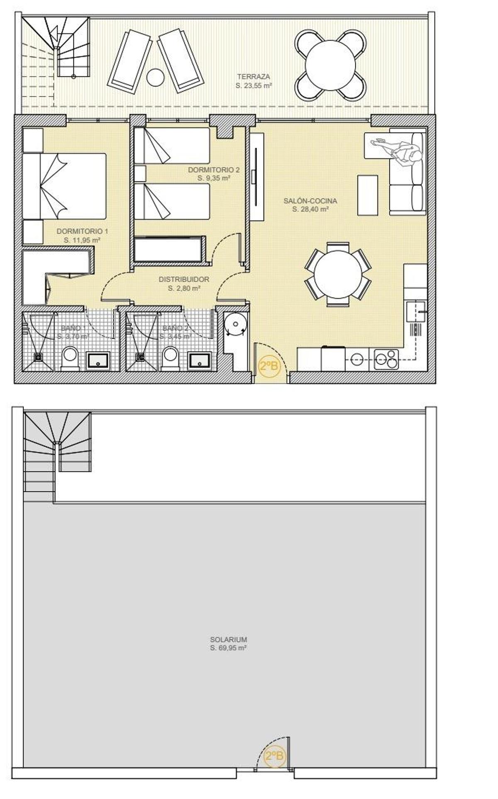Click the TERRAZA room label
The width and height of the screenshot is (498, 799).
tap(254, 77)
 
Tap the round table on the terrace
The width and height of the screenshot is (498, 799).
tap(330, 65)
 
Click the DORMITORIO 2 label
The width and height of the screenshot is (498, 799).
tap(214, 170)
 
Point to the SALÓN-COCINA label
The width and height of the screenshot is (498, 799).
tap(310, 201)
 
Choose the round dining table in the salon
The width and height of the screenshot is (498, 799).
tap(338, 274)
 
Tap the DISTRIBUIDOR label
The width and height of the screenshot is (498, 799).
tap(184, 280)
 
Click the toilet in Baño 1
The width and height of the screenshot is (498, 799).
tap(70, 358)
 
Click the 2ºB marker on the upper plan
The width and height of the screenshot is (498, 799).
tap(268, 366)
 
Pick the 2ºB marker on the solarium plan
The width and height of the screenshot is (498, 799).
tap(274, 755)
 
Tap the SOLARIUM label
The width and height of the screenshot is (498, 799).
tap(228, 639)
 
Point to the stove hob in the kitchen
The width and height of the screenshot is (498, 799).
tap(386, 359)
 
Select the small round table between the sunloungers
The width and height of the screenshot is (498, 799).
tap(156, 77)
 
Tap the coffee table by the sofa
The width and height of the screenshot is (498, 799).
tap(368, 195)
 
